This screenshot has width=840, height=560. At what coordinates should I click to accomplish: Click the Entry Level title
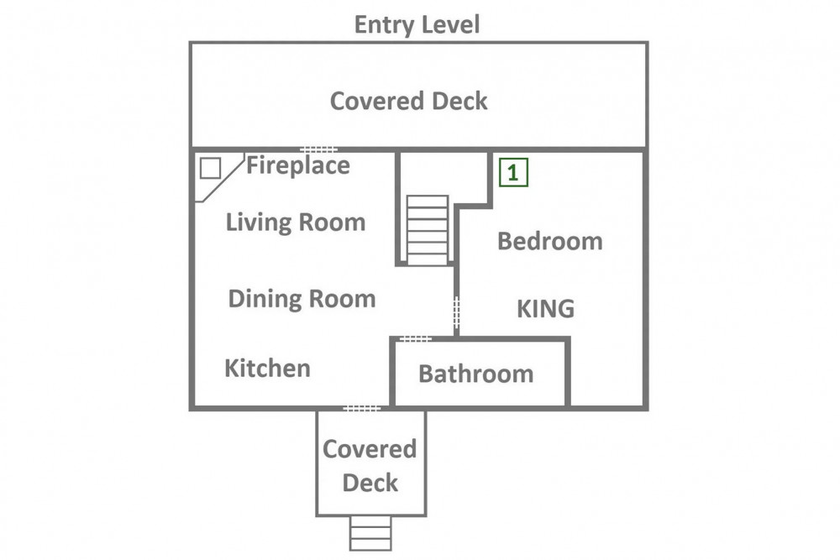pos(417,24)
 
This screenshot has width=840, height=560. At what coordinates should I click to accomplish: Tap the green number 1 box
pos(513,172)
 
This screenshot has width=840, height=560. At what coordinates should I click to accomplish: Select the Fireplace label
pos(298,165)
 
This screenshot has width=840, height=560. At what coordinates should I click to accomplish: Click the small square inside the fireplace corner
pos(210,168)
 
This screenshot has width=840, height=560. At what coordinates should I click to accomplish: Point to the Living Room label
pos(295,222)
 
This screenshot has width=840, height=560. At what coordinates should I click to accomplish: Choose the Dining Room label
pos(302,299)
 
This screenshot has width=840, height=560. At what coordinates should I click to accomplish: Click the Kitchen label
pos(267,369)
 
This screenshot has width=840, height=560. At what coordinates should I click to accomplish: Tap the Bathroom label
pos(475,374)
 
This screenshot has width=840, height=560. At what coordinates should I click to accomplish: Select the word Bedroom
pos(549,241)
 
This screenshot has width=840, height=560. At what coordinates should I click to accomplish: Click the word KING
pos(545,309)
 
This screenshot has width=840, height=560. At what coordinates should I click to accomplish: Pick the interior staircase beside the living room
pos(427,230)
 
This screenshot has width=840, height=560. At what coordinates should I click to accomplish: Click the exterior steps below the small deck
pos(370,532)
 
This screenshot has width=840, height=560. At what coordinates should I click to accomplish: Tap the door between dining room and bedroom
pos(456,313)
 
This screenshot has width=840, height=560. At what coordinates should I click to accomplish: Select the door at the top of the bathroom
pos(416,338)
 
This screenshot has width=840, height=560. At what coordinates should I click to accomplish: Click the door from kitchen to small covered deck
pos(361,409)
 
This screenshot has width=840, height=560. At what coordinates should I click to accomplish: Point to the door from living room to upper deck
pos(318,149)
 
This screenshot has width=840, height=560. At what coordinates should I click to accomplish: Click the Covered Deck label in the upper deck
pos(408,102)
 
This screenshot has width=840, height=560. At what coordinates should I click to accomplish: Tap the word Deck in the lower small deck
pos(370,483)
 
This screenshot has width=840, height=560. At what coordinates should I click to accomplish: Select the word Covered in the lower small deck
pos(370,448)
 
